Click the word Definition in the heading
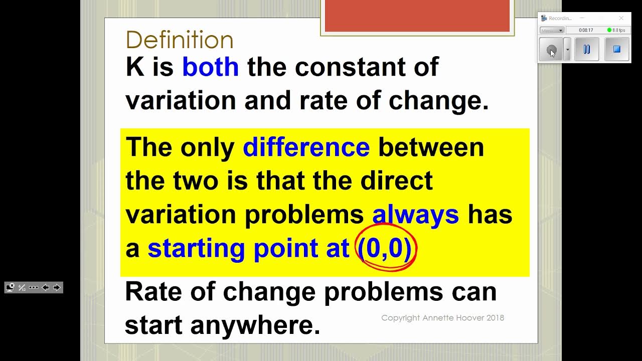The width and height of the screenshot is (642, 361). click(x=180, y=40)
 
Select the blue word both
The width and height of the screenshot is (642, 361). click(x=210, y=67)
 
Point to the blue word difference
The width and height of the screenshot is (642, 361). click(x=306, y=147)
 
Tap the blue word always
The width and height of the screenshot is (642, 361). click(x=415, y=215)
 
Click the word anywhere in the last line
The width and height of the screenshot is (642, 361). click(x=255, y=325)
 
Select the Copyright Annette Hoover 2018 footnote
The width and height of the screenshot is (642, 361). click(x=442, y=318)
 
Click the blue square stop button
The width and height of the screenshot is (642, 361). click(x=617, y=49)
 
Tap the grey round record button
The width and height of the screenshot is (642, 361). click(x=551, y=50)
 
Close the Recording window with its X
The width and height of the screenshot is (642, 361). click(x=621, y=18)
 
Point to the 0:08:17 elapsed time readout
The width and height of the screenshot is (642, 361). click(x=586, y=30)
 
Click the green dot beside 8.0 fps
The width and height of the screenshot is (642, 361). click(x=609, y=30)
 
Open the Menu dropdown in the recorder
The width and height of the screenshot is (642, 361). click(x=552, y=30)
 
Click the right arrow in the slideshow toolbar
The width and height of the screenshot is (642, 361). click(x=56, y=287)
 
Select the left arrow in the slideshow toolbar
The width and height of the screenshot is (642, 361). click(x=45, y=287)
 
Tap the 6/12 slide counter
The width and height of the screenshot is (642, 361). click(x=22, y=287)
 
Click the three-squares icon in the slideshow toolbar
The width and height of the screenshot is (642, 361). click(x=34, y=287)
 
